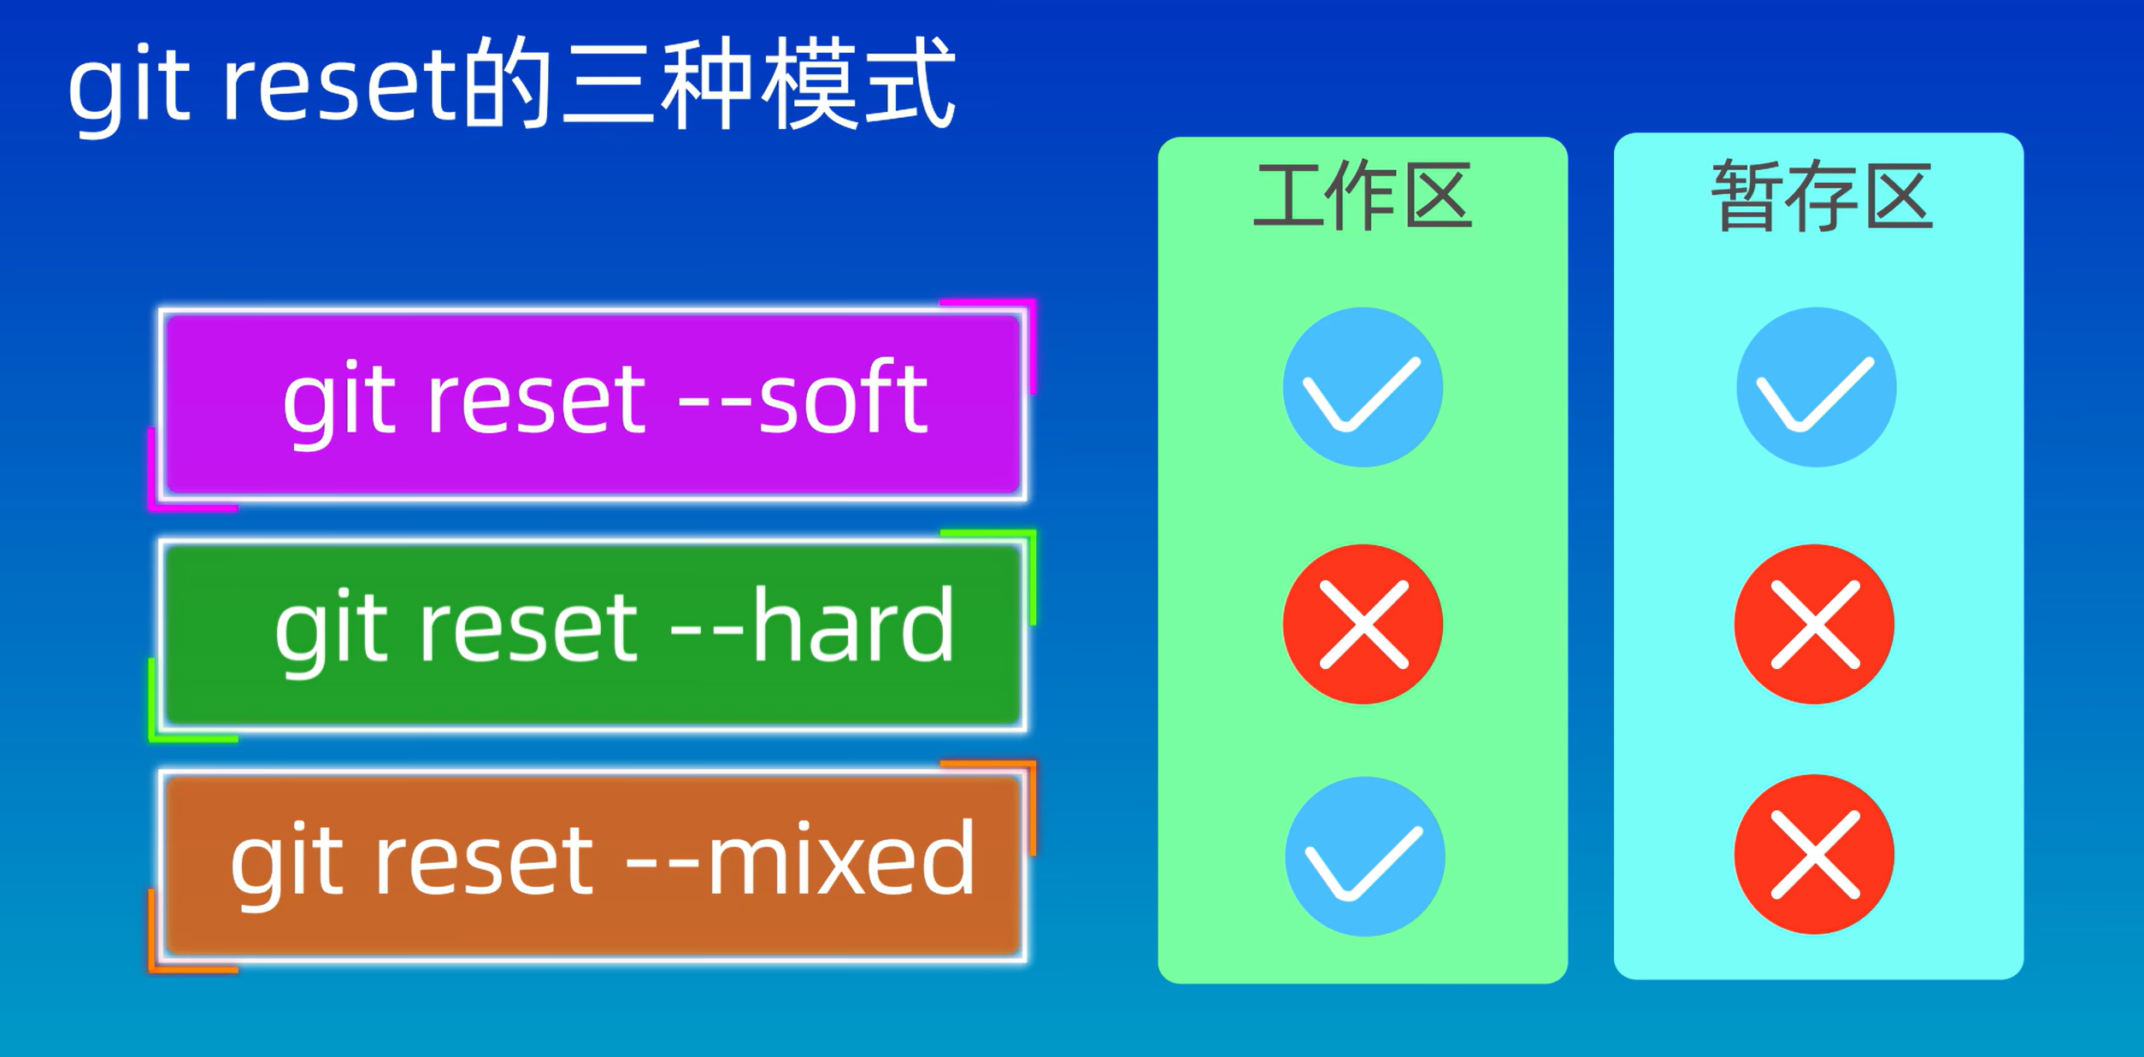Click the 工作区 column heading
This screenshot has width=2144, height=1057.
coord(1362,197)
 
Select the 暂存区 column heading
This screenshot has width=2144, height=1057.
coord(1821,197)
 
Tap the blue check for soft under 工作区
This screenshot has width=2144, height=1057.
coord(1363,388)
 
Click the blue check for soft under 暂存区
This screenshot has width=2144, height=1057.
coord(1817,388)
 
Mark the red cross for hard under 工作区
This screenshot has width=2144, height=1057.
coord(1363,625)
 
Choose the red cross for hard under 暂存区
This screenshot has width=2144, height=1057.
coord(1815,625)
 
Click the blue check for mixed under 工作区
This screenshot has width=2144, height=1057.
coord(1365,856)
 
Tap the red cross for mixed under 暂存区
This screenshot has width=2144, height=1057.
coord(1815,854)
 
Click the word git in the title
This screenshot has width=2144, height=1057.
coord(128,85)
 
